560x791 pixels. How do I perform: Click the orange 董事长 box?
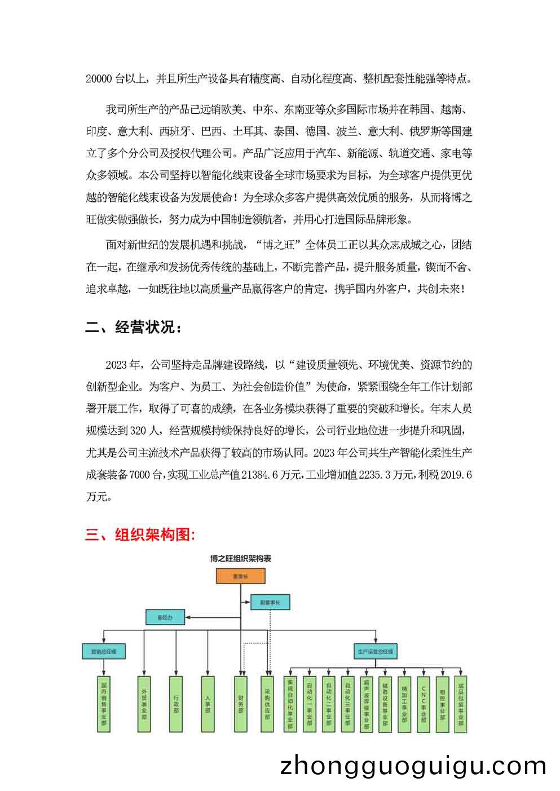point(240,577)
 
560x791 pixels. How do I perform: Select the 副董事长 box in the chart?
point(270,602)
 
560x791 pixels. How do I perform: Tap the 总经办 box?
point(166,618)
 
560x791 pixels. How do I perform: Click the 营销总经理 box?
point(104,651)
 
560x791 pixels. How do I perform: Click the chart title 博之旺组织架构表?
point(240,559)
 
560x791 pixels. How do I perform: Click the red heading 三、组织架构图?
point(140,534)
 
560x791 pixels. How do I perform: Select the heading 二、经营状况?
point(134,328)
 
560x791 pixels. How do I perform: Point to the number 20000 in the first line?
point(99,79)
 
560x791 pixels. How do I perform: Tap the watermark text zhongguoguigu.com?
point(413,766)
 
